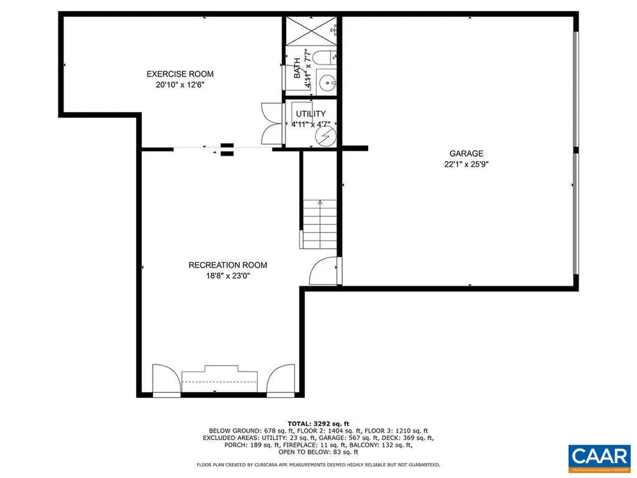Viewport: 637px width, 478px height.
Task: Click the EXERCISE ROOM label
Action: pyautogui.click(x=180, y=74)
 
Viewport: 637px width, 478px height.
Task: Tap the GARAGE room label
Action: pyautogui.click(x=467, y=154)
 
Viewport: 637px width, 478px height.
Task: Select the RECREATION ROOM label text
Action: pyautogui.click(x=228, y=265)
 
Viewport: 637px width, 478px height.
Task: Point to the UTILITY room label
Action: pyautogui.click(x=310, y=114)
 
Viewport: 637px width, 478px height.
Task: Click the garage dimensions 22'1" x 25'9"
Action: pyautogui.click(x=467, y=165)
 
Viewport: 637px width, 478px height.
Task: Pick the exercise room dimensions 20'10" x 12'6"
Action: pyautogui.click(x=180, y=85)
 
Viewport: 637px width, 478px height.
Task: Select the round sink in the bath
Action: pyautogui.click(x=325, y=82)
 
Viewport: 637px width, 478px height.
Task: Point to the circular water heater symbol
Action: pyautogui.click(x=325, y=136)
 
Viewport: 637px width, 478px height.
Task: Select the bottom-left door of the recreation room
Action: pyautogui.click(x=164, y=379)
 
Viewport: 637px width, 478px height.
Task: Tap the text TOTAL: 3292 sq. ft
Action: pyautogui.click(x=318, y=423)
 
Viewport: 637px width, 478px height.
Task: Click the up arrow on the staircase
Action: pyautogui.click(x=320, y=203)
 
